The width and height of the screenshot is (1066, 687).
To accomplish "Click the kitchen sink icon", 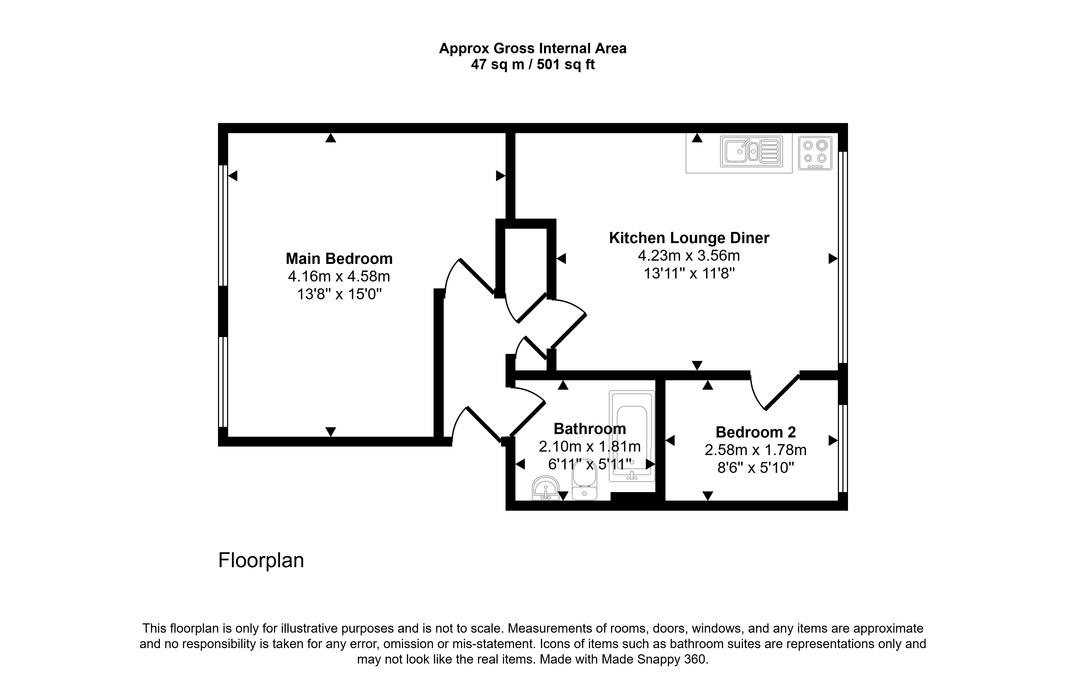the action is [751, 152].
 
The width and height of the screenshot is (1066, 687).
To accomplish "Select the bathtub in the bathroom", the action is [632, 436].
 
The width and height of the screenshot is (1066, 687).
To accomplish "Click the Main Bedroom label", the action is [339, 259].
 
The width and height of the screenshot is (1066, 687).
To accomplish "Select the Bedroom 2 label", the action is [756, 432].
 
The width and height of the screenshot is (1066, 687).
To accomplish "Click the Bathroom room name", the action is [590, 429].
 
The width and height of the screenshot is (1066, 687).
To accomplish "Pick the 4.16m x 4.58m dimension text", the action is [339, 277].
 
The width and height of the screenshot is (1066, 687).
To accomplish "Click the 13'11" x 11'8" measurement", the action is [689, 273].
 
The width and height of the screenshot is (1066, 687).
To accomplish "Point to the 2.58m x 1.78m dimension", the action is [756, 450].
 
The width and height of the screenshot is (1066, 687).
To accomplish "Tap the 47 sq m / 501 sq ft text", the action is [533, 65].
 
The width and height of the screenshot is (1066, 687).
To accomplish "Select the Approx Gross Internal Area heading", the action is [533, 48].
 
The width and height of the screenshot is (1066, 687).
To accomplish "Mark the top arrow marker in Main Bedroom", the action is [331, 138].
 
